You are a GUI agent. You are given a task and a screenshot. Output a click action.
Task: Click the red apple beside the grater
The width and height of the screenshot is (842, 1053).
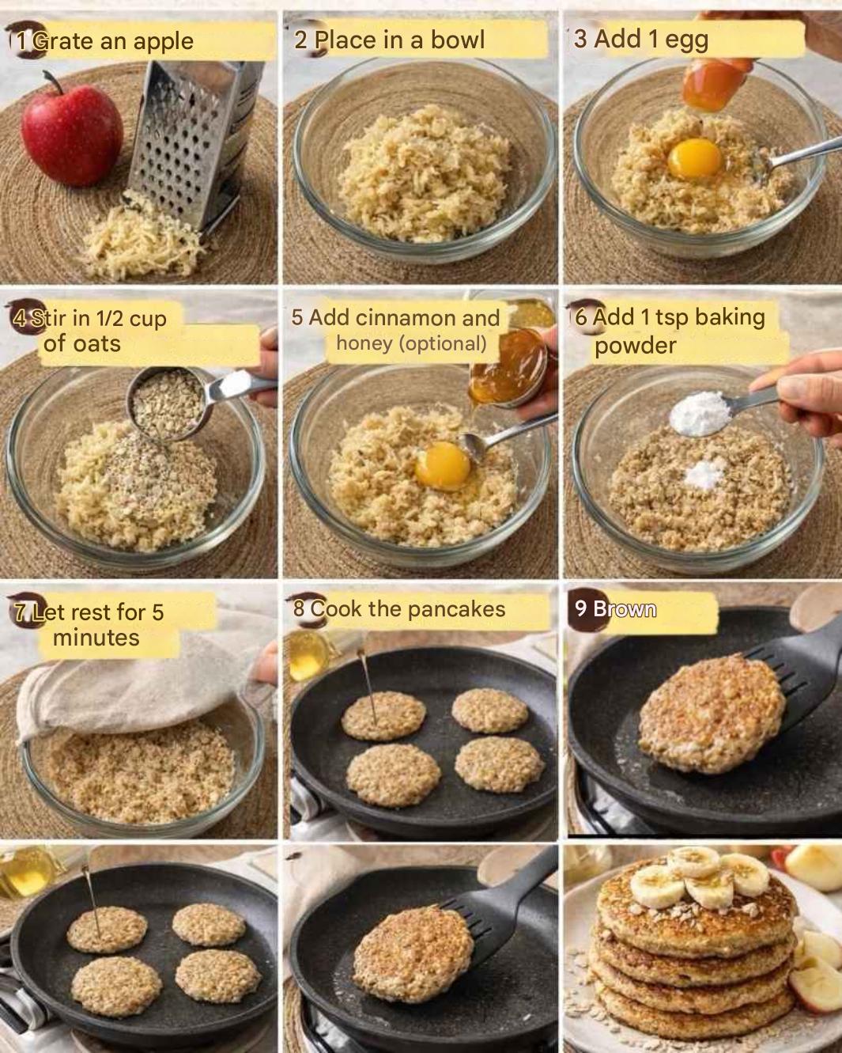point(72,133)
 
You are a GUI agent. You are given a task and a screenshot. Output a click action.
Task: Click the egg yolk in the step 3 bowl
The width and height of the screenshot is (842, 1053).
point(695,158)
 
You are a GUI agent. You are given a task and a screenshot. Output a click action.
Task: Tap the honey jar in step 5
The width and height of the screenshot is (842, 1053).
point(509,365)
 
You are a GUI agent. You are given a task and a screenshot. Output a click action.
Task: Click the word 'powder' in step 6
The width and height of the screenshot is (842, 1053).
point(635,346)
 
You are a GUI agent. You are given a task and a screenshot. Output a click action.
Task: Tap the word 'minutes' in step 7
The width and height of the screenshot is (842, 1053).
point(96,638)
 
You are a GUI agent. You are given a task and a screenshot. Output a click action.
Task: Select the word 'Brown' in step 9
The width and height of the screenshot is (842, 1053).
point(624,609)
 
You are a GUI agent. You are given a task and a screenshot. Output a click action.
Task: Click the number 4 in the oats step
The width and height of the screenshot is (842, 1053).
point(20,319)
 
